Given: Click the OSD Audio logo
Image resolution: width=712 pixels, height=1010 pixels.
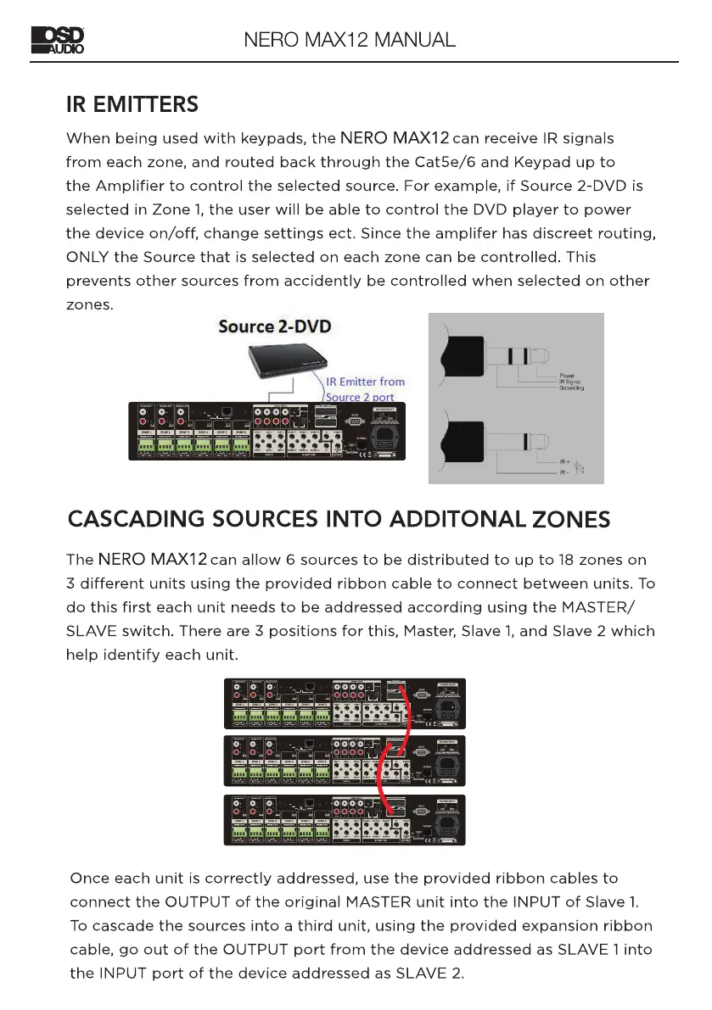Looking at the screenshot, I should click(59, 40).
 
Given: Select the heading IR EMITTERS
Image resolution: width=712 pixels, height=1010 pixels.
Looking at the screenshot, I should click(132, 105).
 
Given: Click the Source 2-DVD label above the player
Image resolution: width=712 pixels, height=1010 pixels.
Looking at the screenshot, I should click(275, 326).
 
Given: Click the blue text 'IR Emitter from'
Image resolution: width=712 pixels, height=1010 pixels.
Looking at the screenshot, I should click(366, 382).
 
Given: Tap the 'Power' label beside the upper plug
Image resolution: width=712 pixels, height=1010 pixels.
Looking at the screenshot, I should click(569, 376).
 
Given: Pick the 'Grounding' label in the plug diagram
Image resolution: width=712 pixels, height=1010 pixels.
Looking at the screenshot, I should click(573, 388).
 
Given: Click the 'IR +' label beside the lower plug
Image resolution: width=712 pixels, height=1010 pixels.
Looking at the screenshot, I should click(566, 463).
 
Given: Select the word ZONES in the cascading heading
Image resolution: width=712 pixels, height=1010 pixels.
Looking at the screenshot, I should click(569, 519).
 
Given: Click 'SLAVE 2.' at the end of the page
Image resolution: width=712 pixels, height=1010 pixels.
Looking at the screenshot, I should click(430, 973).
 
